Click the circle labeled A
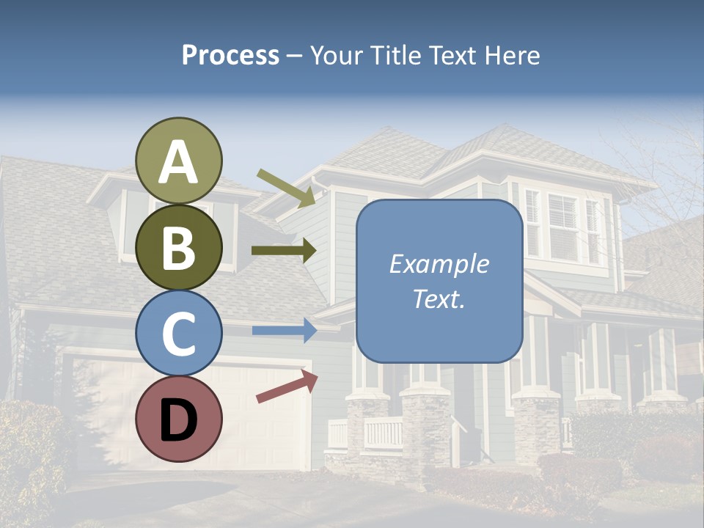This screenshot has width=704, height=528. [x=179, y=161]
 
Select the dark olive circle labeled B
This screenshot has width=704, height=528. [x=179, y=248]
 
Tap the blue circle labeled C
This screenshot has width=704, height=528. [x=179, y=333]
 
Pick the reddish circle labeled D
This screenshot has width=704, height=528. [x=179, y=419]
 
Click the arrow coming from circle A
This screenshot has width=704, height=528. [x=286, y=187]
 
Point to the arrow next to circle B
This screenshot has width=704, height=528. [x=284, y=251]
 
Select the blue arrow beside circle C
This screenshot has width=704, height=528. [x=285, y=331]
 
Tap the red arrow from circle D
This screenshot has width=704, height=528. [x=287, y=386]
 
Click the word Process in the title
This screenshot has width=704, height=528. [x=230, y=55]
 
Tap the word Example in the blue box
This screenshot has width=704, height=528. [x=439, y=264]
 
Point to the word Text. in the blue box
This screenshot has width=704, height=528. [x=439, y=298]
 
